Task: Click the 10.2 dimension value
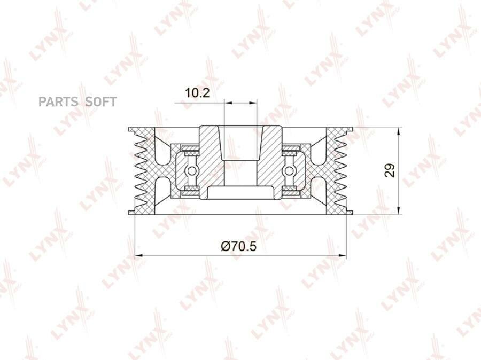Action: [x=198, y=92]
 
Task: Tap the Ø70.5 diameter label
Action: [x=239, y=246]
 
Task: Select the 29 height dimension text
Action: [x=390, y=170]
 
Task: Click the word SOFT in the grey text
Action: [x=100, y=102]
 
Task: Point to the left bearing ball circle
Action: [x=192, y=171]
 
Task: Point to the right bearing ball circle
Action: [x=289, y=171]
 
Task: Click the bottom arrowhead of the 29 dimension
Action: [x=399, y=210]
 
